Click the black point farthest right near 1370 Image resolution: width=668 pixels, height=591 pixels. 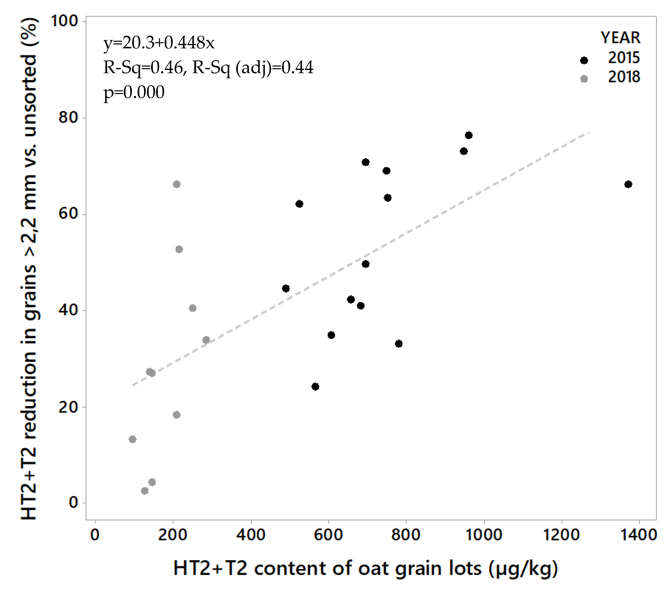click(x=628, y=185)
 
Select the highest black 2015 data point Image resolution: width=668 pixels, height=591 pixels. click(x=469, y=135)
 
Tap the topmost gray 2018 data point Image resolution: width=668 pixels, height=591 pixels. click(x=176, y=185)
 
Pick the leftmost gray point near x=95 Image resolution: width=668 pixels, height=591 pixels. click(x=132, y=439)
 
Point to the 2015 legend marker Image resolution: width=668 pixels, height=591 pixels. click(x=584, y=60)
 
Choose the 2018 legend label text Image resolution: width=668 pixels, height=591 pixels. click(x=624, y=77)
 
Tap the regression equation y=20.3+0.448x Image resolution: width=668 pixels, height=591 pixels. click(x=159, y=43)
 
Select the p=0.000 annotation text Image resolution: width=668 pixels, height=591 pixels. click(x=134, y=92)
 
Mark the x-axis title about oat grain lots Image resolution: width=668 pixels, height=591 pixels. click(x=365, y=568)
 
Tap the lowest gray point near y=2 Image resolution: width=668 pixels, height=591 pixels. click(x=145, y=491)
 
